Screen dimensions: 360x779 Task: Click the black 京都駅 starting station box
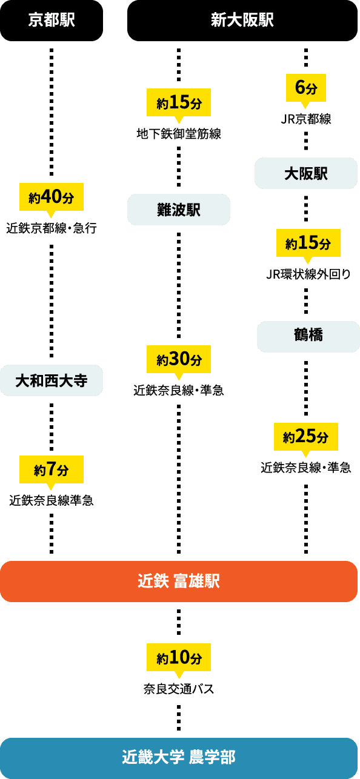(x=52, y=21)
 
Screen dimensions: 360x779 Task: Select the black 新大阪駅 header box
(x=242, y=21)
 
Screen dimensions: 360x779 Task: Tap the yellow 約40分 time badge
(x=52, y=197)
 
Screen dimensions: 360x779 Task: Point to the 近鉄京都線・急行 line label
(x=52, y=228)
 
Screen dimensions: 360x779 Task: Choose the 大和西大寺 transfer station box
(x=52, y=380)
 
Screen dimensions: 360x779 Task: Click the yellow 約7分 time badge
(x=52, y=469)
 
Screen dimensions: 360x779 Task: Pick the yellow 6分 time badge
(x=306, y=88)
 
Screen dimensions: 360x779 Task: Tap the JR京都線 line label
(x=306, y=119)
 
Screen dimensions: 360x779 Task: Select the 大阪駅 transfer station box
(x=306, y=173)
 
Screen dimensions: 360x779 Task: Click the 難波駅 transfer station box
(x=179, y=210)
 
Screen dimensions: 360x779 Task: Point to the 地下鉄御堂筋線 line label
(x=179, y=134)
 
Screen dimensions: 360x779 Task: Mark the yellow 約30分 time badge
(x=179, y=359)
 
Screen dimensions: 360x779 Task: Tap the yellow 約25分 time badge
(x=306, y=437)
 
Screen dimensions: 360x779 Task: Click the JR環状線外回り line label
(x=308, y=274)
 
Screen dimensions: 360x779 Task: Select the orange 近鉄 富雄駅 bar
(x=179, y=582)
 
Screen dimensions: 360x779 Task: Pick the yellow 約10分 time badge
(x=179, y=657)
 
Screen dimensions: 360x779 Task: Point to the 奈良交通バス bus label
(x=179, y=689)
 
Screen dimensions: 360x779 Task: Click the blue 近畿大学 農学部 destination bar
(x=179, y=758)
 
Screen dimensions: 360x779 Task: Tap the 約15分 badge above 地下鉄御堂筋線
(x=179, y=102)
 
